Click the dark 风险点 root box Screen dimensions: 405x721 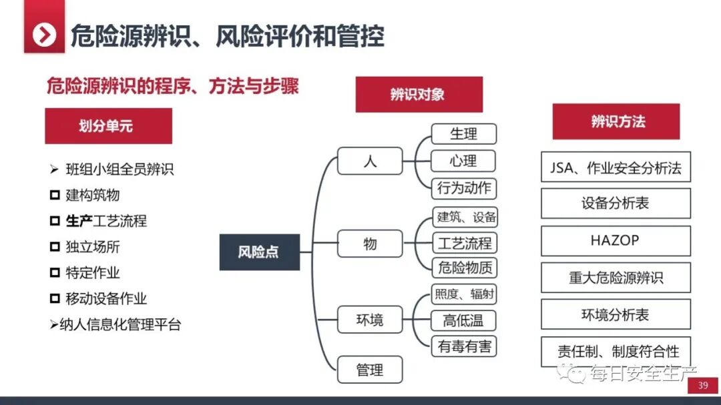pyautogui.click(x=259, y=252)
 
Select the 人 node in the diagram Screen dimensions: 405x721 pyautogui.click(x=370, y=161)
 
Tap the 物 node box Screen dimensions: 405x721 pyautogui.click(x=370, y=244)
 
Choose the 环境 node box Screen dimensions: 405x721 pyautogui.click(x=370, y=320)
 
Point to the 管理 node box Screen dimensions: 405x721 pyautogui.click(x=370, y=369)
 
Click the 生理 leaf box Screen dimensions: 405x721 pyautogui.click(x=464, y=133)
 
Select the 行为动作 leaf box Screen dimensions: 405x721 pyautogui.click(x=464, y=188)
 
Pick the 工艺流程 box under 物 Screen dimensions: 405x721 pyautogui.click(x=464, y=242)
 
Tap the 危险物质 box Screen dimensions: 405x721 pyautogui.click(x=464, y=268)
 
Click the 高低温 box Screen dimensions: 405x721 pyautogui.click(x=464, y=320)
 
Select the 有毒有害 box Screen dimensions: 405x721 pyautogui.click(x=464, y=346)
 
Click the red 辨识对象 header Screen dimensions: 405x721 pyautogui.click(x=419, y=94)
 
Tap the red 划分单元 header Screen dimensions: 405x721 pyautogui.click(x=108, y=125)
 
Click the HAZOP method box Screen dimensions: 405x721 pyautogui.click(x=615, y=241)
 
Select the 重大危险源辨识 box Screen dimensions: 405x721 pyautogui.click(x=615, y=278)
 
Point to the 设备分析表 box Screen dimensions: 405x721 pyautogui.click(x=615, y=204)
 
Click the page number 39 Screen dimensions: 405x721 pyautogui.click(x=702, y=386)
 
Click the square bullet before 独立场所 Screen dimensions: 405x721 pyautogui.click(x=55, y=247)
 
